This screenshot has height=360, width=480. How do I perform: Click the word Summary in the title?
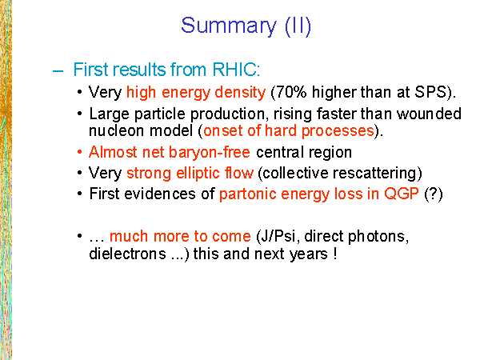228,26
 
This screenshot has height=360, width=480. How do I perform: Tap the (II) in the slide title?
298,26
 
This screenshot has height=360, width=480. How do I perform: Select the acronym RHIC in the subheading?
236,70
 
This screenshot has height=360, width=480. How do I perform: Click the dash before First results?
58,71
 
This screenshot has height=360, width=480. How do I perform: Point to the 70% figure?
291,92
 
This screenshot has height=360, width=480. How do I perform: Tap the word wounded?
429,114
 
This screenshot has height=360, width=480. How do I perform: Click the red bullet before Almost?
79,152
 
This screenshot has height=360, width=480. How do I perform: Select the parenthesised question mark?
434,194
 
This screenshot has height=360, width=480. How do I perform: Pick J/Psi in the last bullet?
278,236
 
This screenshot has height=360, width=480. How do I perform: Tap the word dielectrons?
127,254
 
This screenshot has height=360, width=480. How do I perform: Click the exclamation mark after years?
335,254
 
